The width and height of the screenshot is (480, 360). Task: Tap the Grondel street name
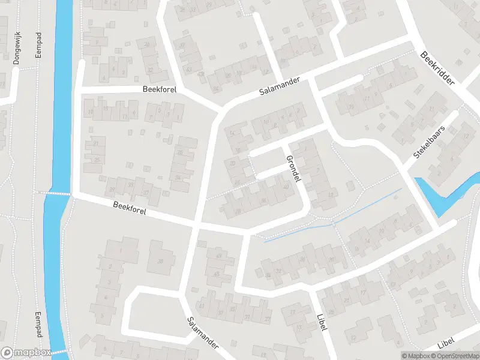293,169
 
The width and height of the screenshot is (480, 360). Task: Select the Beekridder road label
438,67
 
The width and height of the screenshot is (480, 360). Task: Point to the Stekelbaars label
431,142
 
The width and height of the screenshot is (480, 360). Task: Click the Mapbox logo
26,353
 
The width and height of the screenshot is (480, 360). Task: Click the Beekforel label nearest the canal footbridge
129,209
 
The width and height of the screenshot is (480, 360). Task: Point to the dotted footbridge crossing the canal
57,193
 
